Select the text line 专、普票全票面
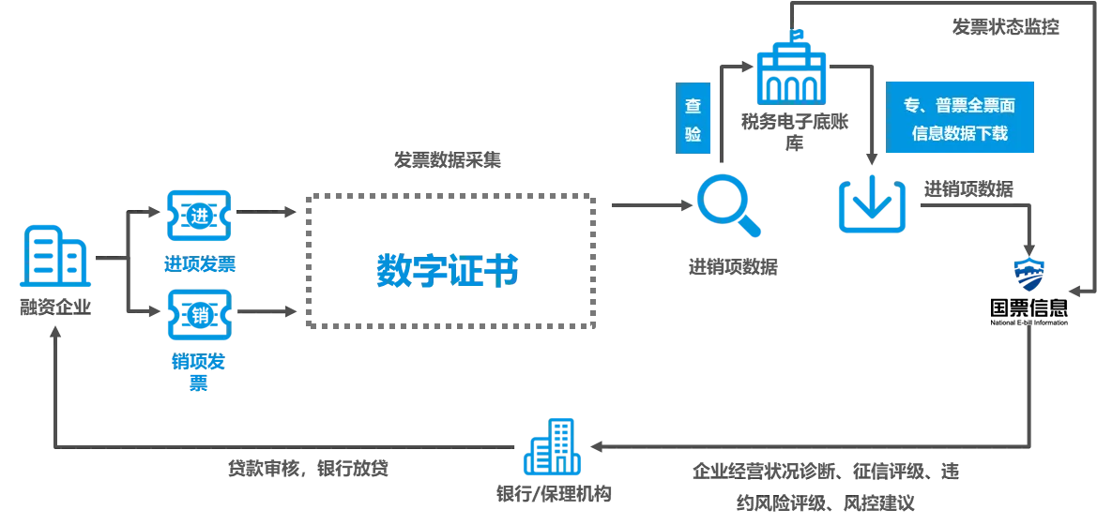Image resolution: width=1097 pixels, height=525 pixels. (959, 105)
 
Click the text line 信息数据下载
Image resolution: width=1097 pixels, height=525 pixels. (959, 133)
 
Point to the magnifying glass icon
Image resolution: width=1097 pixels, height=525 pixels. (727, 207)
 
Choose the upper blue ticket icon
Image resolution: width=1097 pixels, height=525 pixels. (198, 215)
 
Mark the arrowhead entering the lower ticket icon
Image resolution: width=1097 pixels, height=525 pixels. (150, 307)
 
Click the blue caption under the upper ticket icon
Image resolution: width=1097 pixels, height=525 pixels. (198, 263)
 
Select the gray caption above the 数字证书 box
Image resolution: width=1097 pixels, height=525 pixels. (446, 161)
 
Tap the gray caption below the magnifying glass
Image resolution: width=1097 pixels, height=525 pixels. (732, 267)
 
